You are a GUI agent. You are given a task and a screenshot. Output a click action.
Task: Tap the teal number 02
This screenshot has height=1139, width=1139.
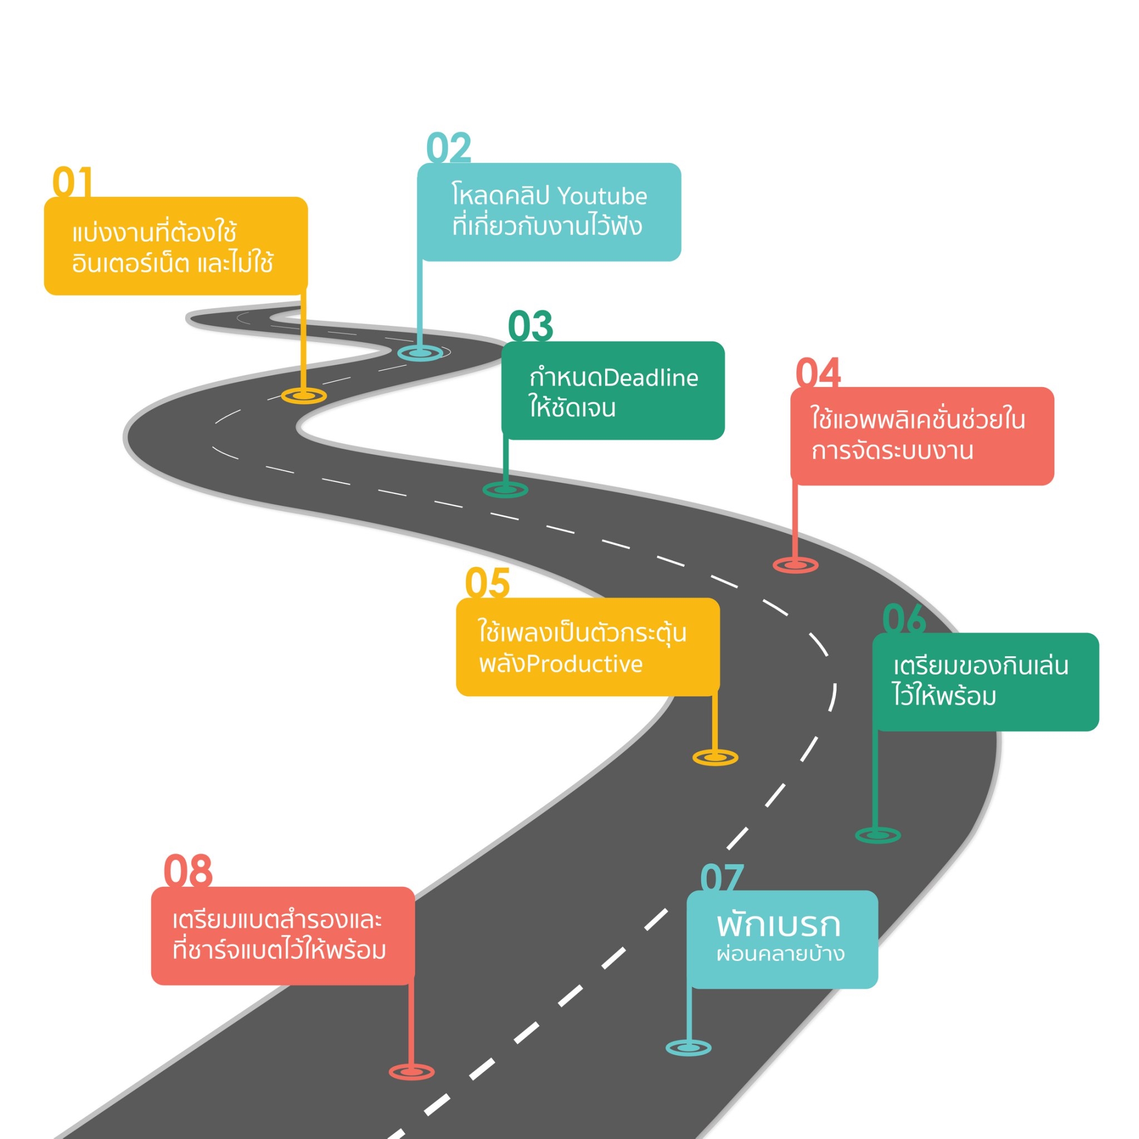coord(449,148)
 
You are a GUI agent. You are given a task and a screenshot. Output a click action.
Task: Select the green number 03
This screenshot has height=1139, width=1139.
coord(530,326)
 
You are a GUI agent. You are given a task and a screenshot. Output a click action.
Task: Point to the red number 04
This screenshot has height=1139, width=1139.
coord(818,373)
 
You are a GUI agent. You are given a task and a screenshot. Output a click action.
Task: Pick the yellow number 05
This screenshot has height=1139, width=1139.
coord(487,583)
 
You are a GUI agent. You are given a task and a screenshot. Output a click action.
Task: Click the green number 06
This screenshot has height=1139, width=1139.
coord(904,619)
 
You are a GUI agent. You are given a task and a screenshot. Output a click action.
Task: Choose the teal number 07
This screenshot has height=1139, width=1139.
coord(721,878)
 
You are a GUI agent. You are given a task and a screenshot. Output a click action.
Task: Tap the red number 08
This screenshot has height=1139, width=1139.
coord(187,871)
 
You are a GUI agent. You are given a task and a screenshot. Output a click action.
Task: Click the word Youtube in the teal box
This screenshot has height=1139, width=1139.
coord(602,196)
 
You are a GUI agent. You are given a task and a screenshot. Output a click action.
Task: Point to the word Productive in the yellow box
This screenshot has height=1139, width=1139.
coord(585,664)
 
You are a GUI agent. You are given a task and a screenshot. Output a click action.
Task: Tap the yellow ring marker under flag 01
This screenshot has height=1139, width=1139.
coord(304,395)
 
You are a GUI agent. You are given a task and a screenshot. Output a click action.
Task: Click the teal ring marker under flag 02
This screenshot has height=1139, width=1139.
coord(420,353)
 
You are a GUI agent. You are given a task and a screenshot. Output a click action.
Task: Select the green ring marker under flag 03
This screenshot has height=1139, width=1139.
coord(505,489)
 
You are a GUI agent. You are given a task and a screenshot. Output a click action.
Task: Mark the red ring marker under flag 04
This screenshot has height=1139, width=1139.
coord(795,565)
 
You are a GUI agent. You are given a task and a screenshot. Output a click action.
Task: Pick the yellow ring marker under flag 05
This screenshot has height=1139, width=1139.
coord(715,757)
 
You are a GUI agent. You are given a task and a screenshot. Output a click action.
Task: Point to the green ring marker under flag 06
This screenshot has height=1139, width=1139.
coord(878,835)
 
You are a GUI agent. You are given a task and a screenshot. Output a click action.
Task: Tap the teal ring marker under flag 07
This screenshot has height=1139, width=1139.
coord(689,1048)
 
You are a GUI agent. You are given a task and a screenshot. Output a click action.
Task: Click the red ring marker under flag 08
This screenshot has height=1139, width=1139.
coord(412,1072)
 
